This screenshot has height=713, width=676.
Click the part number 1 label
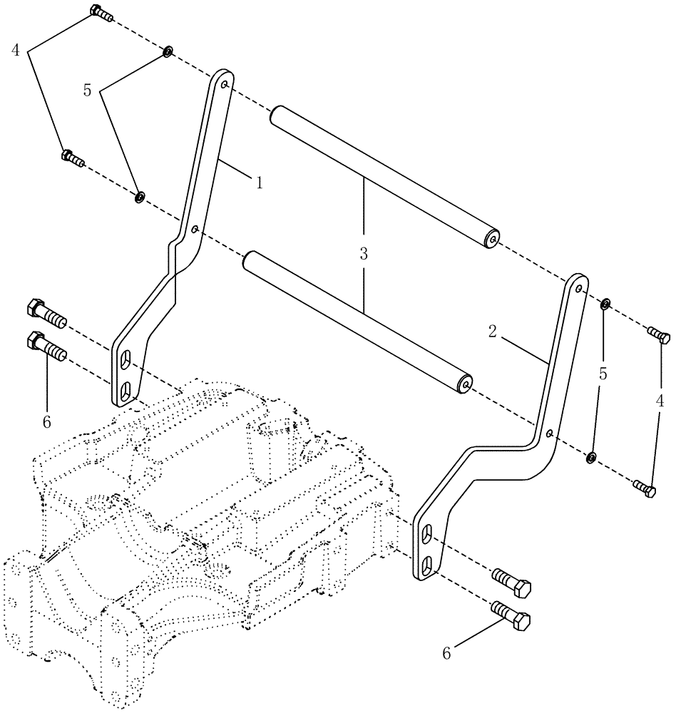click(x=260, y=183)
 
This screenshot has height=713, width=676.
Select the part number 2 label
click(x=492, y=330)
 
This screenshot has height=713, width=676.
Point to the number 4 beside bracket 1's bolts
click(x=15, y=51)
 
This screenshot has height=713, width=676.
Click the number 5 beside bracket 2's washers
click(x=603, y=373)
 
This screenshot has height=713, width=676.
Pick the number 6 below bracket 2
click(x=446, y=653)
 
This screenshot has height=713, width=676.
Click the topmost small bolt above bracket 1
click(x=99, y=12)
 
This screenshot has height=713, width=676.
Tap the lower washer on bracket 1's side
click(x=140, y=195)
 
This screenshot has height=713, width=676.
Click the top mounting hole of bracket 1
click(x=225, y=84)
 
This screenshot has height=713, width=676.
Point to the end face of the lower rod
click(x=465, y=384)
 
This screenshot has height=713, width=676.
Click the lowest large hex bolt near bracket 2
click(x=512, y=615)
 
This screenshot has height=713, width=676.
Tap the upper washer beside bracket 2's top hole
click(x=605, y=305)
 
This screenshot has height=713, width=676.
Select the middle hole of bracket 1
click(x=195, y=230)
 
